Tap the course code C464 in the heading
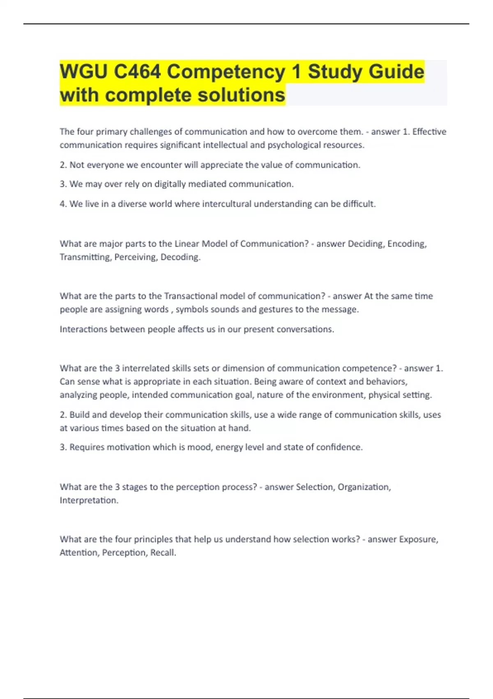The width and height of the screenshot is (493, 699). pos(137,72)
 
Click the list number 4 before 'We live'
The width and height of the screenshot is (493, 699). pos(62,204)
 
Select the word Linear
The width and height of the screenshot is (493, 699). pos(187,244)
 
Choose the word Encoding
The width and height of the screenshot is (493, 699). pos(407,244)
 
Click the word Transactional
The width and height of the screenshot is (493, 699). pos(190,296)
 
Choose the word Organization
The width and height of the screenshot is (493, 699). pos(364,487)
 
